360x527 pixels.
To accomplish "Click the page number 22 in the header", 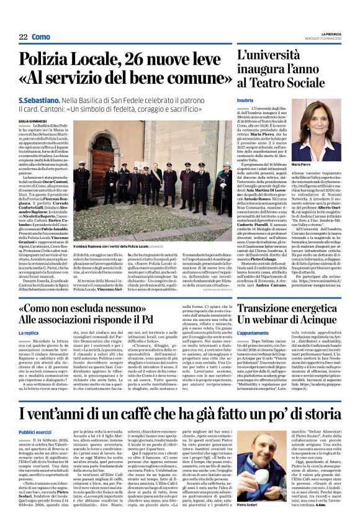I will pyautogui.click(x=23, y=37).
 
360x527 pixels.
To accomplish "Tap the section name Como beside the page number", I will pyautogui.click(x=40, y=37).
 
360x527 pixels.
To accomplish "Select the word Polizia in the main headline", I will pyautogui.click(x=51, y=60).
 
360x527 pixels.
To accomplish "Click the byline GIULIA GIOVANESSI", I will pyautogui.click(x=33, y=122).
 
